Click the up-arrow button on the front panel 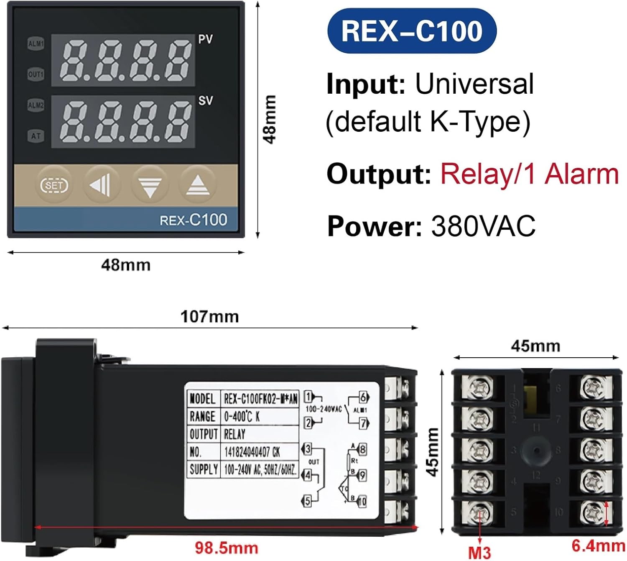click(x=198, y=184)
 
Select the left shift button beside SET click(x=101, y=184)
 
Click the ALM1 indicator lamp click(x=36, y=44)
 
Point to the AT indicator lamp click(x=36, y=136)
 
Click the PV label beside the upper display click(x=205, y=39)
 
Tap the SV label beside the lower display click(x=205, y=100)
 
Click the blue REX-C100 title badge click(x=412, y=31)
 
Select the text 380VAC click(x=483, y=226)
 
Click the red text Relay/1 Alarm click(x=529, y=174)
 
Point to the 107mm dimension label click(x=209, y=317)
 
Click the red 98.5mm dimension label click(x=226, y=548)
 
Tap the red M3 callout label click(x=479, y=552)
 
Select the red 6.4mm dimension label click(x=598, y=546)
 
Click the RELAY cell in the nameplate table click(x=234, y=434)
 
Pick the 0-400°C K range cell click(x=242, y=416)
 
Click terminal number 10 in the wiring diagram click(x=362, y=501)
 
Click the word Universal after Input click(x=474, y=84)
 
